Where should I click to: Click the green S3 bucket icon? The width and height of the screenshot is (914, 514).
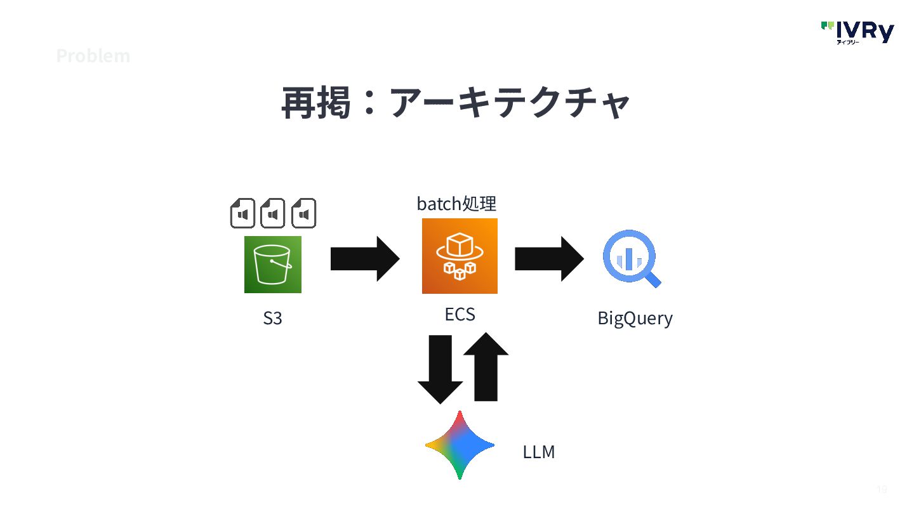coord(272,265)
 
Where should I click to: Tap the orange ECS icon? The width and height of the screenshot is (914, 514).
coord(460,256)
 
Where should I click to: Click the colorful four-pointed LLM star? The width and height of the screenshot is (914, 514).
coord(460,445)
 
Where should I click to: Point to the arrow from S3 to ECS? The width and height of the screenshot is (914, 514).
coord(365,259)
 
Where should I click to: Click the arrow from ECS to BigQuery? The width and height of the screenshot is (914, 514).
coord(549,259)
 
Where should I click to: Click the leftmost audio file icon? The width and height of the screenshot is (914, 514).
coord(242,213)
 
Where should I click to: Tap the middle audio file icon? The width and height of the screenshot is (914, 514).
coord(273,213)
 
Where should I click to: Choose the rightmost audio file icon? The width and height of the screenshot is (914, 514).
coord(303,213)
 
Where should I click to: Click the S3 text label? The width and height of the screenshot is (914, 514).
coord(272,318)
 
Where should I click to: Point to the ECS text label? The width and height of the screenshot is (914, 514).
coord(460,315)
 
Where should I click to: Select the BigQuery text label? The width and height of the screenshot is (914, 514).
coord(635,318)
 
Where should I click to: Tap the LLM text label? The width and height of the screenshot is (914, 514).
coord(539,452)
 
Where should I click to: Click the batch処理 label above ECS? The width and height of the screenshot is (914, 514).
coord(456,204)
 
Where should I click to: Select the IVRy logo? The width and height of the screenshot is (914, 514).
coord(858,32)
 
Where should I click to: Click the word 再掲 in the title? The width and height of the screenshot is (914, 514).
coord(316,103)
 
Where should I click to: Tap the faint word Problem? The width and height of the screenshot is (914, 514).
coord(93,56)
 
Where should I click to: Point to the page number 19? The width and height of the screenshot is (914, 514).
coord(882,489)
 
